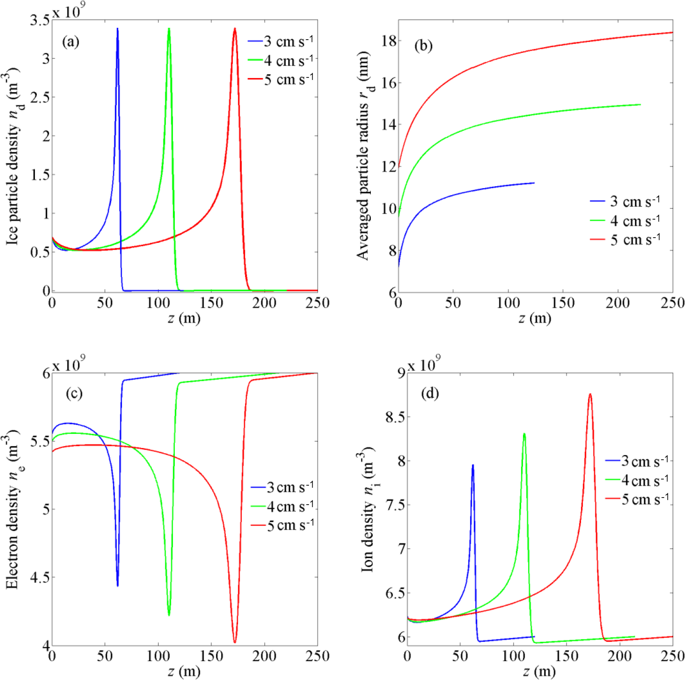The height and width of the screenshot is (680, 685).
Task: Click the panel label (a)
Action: [71, 42]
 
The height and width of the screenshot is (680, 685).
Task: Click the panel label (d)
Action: [430, 393]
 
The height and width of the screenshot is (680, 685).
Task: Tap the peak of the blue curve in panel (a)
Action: [118, 29]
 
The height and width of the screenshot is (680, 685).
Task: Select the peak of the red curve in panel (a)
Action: [235, 29]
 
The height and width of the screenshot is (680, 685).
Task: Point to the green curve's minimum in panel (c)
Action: [169, 614]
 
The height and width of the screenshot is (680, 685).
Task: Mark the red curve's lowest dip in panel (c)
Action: [235, 642]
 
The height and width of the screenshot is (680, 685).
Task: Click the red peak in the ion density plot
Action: [590, 395]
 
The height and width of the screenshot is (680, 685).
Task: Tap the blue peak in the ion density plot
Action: [472, 465]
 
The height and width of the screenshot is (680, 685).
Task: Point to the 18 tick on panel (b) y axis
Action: [389, 41]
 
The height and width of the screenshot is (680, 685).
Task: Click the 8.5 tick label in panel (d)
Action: [396, 417]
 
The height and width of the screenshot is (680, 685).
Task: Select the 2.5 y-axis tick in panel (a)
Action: [40, 97]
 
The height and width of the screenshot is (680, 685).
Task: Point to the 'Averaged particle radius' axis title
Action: [364, 156]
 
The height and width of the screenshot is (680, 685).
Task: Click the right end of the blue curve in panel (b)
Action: [534, 183]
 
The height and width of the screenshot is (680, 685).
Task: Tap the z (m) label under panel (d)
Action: [539, 671]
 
